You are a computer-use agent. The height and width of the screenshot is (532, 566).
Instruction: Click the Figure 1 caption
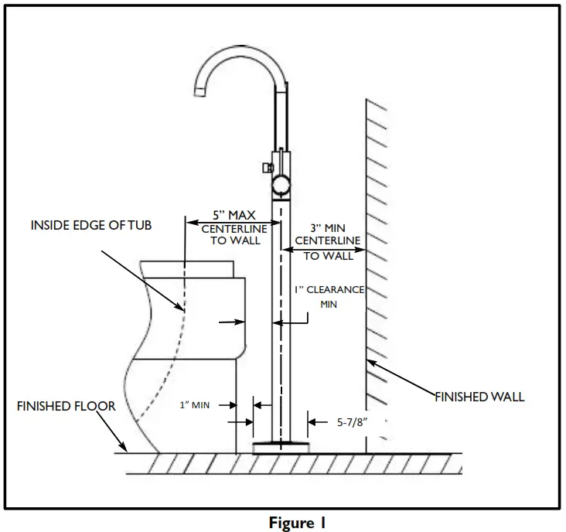[297, 523]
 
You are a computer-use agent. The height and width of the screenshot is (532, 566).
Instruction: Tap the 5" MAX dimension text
[234, 215]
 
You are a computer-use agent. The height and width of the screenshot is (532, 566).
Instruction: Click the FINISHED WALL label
[479, 397]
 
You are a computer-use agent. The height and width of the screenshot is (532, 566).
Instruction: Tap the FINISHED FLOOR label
[66, 406]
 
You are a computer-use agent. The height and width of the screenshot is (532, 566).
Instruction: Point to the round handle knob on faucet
[279, 184]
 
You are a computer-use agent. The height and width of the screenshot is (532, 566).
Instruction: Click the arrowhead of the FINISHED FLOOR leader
[124, 449]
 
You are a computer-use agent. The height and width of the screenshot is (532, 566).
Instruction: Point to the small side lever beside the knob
[264, 167]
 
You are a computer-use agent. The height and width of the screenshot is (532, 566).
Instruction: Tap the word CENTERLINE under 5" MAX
[234, 229]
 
